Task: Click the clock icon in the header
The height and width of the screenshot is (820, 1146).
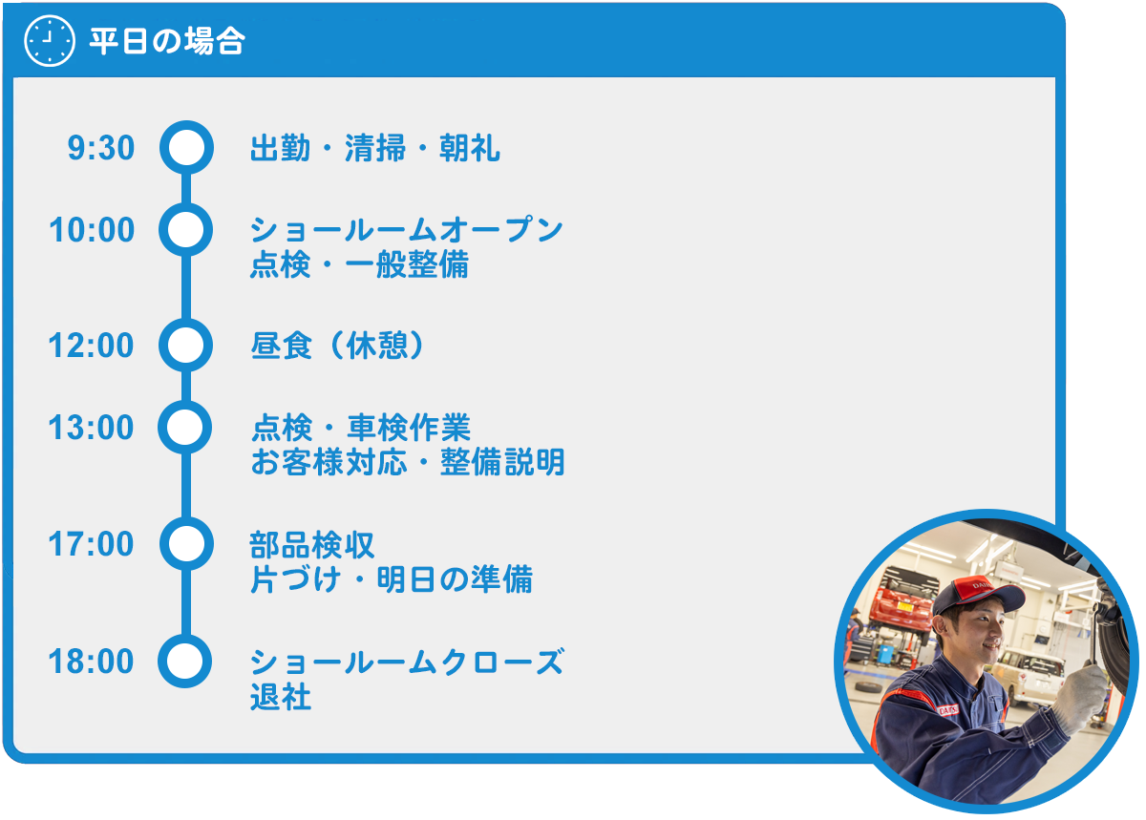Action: click(49, 40)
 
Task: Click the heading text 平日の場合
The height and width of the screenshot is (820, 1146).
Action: click(167, 41)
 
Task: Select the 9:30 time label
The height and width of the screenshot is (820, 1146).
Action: click(101, 148)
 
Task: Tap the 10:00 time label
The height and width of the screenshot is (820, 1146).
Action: click(92, 230)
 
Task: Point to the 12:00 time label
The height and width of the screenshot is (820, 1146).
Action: click(92, 346)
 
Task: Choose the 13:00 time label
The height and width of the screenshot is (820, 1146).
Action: click(92, 427)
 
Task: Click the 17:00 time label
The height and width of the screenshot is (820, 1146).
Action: click(92, 543)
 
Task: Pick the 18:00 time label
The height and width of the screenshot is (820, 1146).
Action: click(92, 661)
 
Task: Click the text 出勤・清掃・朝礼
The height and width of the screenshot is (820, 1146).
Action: click(375, 148)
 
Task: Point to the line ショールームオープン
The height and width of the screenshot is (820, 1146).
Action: click(407, 230)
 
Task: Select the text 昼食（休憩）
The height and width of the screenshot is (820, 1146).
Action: click(338, 346)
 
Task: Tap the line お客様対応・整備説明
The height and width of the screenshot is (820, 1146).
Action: click(408, 462)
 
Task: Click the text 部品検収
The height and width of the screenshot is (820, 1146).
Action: click(312, 545)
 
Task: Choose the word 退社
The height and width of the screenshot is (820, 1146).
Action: click(281, 696)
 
